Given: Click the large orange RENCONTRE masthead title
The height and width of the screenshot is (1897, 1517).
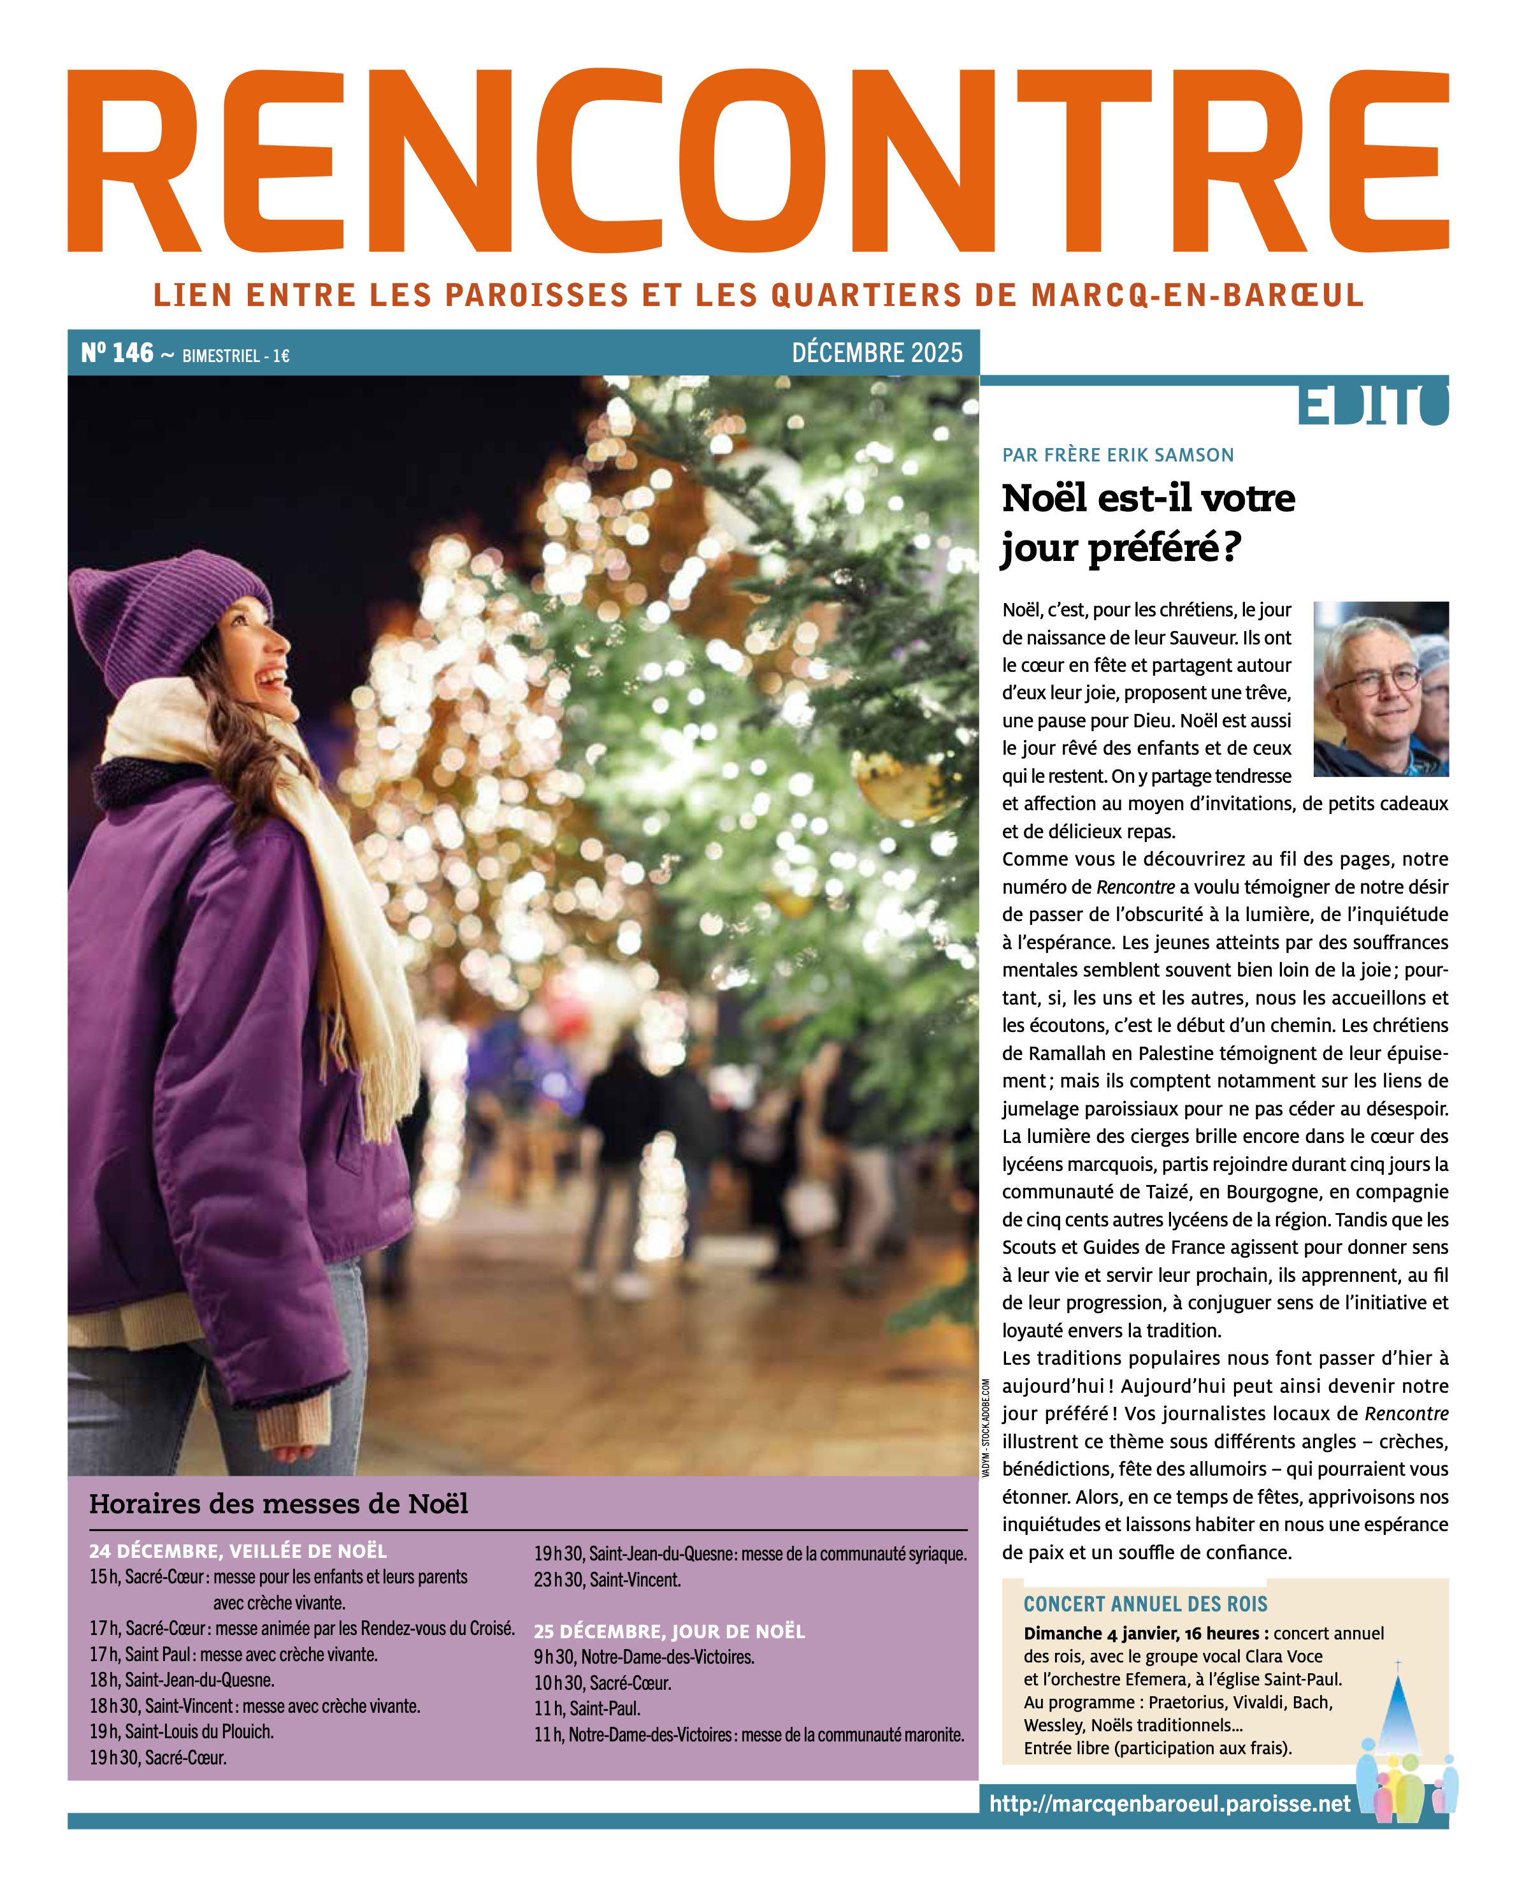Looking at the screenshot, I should coord(758,161).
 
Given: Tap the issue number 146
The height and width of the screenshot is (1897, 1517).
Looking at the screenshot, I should coord(132,353).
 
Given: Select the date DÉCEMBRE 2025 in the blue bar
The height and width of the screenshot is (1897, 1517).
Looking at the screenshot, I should coord(877,353).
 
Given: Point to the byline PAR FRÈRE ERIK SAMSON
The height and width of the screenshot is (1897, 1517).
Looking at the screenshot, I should coord(1118,455).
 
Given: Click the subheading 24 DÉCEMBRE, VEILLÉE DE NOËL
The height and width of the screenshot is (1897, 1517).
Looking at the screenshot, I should coord(238,1550).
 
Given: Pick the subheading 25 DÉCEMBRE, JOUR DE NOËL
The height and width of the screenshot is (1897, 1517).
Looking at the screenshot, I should coord(668,1631).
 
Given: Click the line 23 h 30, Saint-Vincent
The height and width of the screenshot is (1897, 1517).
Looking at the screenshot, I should coord(607,1580).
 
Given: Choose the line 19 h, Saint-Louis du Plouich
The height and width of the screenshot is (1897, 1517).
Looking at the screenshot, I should coord(182,1731).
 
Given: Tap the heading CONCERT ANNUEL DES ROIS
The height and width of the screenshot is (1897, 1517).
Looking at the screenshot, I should coord(1145,1604).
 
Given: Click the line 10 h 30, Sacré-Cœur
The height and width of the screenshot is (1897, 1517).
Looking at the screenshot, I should coord(602,1683).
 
